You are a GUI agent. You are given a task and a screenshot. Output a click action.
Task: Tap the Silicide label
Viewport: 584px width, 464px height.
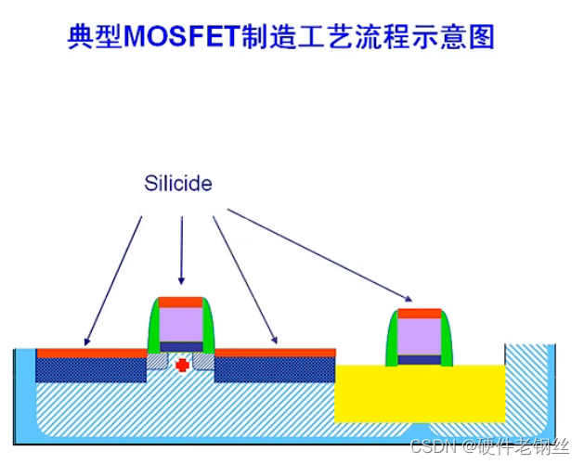tap(178, 184)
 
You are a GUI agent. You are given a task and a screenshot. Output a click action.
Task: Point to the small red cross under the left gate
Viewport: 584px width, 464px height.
tap(183, 366)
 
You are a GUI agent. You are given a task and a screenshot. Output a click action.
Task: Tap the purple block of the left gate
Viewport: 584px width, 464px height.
tap(181, 325)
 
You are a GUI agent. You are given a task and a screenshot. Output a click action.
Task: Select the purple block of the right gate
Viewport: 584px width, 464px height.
tap(420, 336)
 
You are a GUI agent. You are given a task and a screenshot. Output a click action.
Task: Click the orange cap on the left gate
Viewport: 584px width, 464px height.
tap(181, 302)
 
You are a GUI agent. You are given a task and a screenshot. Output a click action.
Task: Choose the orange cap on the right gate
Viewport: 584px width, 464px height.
tap(420, 313)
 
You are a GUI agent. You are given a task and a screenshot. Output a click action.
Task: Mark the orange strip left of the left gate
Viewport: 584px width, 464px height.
tap(91, 353)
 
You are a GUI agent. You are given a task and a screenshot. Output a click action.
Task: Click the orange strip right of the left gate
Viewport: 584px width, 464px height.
tap(275, 353)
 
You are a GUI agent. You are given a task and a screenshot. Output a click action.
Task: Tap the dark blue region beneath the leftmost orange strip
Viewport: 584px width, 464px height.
tap(90, 369)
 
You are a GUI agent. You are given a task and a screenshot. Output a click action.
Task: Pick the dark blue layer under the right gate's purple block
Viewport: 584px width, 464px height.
tap(420, 358)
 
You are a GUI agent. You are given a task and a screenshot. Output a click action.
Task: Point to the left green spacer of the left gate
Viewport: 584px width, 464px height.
tap(154, 329)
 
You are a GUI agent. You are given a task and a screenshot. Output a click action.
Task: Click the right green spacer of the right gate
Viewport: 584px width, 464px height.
tap(447, 340)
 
